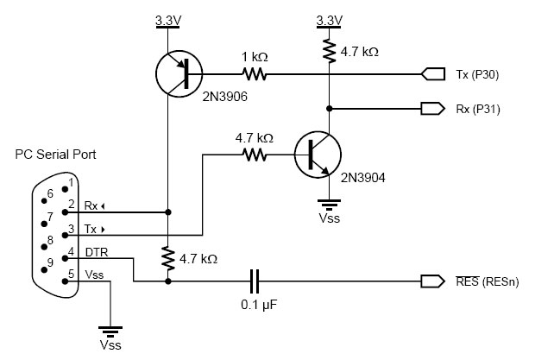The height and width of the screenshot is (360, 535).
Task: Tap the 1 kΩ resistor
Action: click(255, 75)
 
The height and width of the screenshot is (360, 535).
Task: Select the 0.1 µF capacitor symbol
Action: click(254, 281)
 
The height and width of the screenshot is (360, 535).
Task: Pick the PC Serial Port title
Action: click(56, 155)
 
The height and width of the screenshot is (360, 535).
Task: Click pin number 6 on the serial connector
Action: click(50, 193)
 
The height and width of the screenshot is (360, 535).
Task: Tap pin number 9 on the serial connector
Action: click(50, 262)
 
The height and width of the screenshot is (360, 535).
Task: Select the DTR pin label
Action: click(96, 251)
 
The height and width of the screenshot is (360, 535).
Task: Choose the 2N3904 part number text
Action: click(362, 179)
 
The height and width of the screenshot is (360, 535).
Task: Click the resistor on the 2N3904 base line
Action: click(255, 155)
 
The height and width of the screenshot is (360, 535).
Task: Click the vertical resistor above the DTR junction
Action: click(167, 257)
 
